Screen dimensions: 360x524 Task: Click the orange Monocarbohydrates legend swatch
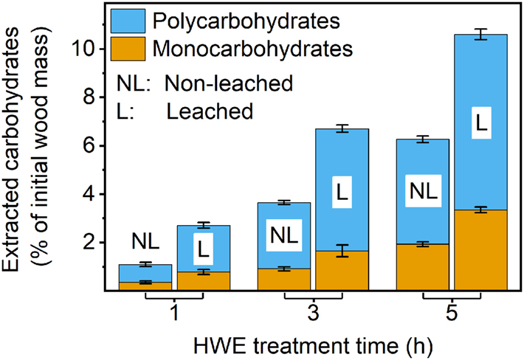click(129, 49)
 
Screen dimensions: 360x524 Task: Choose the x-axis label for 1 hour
click(174, 314)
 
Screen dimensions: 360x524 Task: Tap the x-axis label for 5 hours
click(452, 314)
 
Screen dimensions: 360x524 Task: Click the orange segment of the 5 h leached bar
click(480, 251)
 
